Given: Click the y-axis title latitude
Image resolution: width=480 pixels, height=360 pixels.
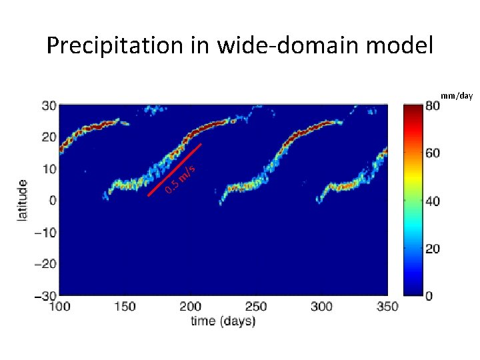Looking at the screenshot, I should pos(23,201).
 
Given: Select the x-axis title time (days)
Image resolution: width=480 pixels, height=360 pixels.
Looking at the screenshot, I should pos(223,321).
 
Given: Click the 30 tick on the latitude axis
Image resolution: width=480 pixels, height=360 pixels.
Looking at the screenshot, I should pos(49,105).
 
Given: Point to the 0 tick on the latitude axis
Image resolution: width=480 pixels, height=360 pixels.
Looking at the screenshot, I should pos(53,201).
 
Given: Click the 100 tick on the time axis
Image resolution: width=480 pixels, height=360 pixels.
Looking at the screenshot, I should pos(60,307).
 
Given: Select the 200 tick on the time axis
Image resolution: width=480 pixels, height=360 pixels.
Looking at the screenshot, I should pos(191,307).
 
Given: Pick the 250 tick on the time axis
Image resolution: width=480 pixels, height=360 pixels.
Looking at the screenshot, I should pos(256,307).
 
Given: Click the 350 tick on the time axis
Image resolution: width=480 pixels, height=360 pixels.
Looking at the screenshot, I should pos(387,307).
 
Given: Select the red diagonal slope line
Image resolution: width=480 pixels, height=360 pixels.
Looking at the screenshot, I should pos(175,170).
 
